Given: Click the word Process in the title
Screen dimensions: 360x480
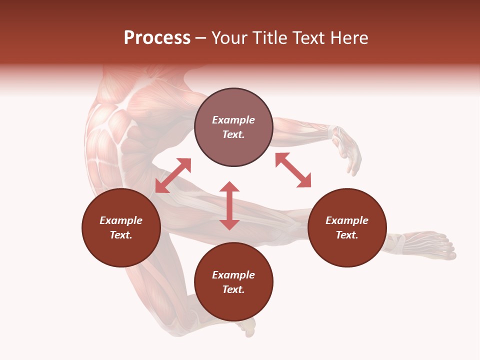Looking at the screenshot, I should [157, 38].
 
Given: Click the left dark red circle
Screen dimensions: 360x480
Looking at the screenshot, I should [121, 227].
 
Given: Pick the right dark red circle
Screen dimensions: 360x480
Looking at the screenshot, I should [347, 227].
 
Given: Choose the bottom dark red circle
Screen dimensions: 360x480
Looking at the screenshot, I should [233, 281].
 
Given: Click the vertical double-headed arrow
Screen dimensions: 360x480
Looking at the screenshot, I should [229, 206].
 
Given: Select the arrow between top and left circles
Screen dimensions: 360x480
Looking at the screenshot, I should [173, 175].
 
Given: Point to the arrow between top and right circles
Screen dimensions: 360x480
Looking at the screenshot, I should [293, 170].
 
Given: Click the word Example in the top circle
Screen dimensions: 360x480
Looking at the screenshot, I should [233, 120].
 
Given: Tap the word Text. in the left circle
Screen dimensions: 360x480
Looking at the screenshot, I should [121, 235].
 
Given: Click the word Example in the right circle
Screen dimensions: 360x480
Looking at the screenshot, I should [347, 220].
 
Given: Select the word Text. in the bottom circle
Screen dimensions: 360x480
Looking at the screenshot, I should [233, 289].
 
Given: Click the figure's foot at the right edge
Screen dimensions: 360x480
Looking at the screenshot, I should [430, 245].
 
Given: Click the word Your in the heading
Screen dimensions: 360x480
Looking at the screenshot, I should [229, 38].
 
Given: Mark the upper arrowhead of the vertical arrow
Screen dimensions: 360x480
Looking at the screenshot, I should [229, 186].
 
